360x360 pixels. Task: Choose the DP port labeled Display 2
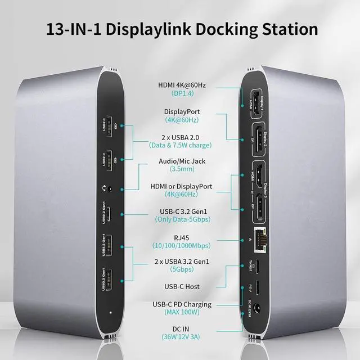[258, 140]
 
